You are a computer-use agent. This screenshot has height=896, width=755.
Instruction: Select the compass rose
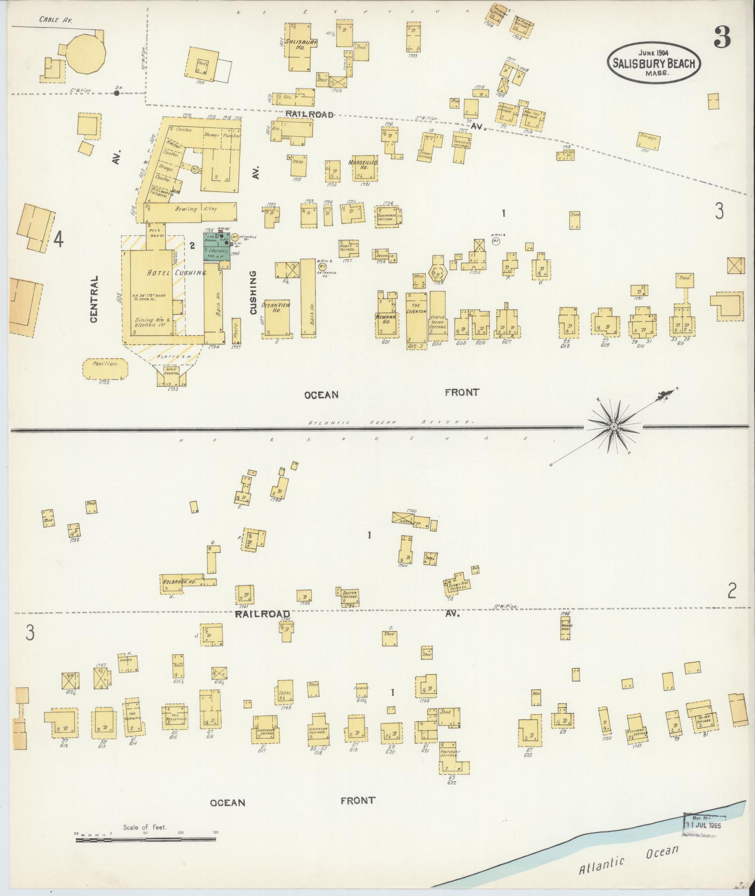pos(613,426)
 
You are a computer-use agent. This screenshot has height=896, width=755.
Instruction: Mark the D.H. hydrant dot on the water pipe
pos(116,93)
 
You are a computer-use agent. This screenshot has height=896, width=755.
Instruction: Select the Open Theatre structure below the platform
pos(171,373)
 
